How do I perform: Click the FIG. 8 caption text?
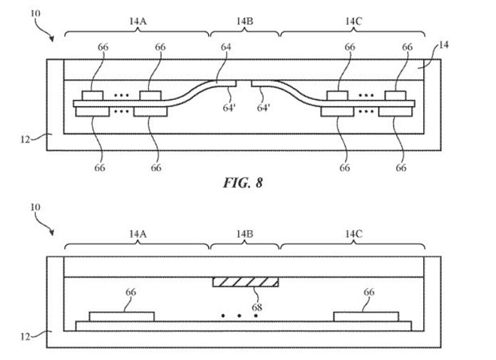coord(242,182)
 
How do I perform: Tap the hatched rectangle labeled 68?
coord(245,282)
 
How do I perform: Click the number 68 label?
coord(257,307)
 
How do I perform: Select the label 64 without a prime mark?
coord(226,47)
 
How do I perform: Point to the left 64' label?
coord(229,108)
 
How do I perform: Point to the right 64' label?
coord(263,108)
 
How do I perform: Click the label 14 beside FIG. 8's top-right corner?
coord(444,45)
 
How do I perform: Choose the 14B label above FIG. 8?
coord(244,21)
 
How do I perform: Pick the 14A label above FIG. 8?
coord(138,21)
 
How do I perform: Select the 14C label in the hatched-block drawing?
coord(353,234)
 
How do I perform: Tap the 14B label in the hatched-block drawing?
coord(244,234)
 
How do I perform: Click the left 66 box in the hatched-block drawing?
coord(122,317)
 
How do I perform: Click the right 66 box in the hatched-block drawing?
coord(366,317)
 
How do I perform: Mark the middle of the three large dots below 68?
coord(239,316)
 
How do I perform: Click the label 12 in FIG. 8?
coord(26,139)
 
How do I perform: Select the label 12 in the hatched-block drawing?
coord(26,337)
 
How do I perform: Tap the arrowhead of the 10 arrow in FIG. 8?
coord(51,39)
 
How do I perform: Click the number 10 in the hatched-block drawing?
coord(35,207)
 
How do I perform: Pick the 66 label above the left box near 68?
coord(130,292)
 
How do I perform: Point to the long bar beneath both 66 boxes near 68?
coord(244,326)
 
